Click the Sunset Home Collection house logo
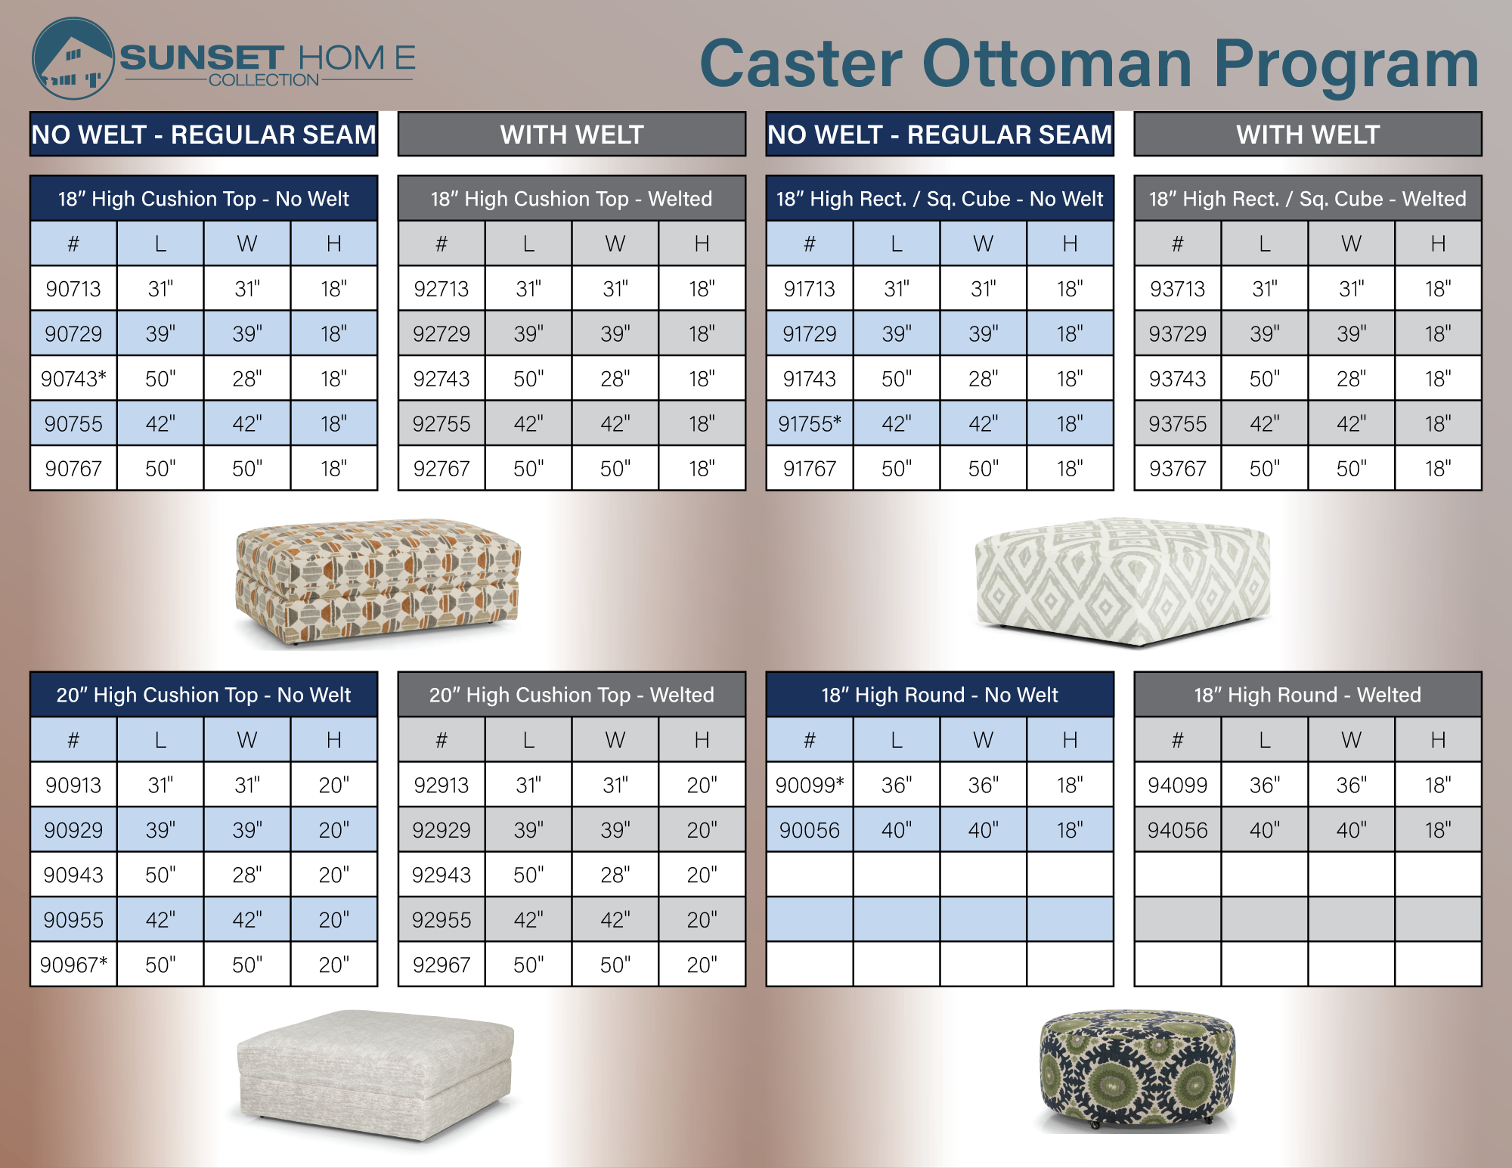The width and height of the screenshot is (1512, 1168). point(73,59)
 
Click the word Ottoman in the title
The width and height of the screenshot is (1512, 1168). point(1058,64)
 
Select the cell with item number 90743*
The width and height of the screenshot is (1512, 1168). point(73,379)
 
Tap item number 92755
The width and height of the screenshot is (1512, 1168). point(442,423)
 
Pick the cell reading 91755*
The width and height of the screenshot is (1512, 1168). point(810,423)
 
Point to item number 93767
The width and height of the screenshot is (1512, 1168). point(1177,469)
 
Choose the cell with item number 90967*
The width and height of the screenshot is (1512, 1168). point(73,965)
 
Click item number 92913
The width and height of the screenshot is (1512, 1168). point(442,785)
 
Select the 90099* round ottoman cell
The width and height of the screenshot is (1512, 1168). point(810,785)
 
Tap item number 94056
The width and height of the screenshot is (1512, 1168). point(1177,830)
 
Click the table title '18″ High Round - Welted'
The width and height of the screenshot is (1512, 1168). point(1308,695)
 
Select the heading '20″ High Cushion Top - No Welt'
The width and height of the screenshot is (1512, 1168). point(203,695)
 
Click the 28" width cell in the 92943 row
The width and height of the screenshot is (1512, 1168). point(615,875)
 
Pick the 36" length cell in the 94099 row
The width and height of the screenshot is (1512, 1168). point(1265,785)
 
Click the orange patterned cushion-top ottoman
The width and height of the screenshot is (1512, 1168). point(378,581)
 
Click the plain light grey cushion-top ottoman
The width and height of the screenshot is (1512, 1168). point(376,1074)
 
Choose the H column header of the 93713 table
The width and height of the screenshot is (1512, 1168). point(1438,243)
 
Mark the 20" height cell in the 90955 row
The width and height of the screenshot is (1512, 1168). point(333,920)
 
